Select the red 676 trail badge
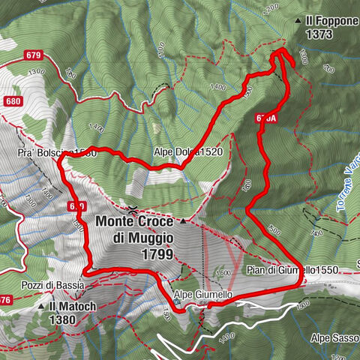coord(4,301)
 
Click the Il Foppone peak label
coord(331,20)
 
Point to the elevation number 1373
coord(321,34)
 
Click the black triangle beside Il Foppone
coord(298,20)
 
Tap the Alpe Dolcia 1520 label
coord(187,151)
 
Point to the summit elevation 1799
coord(157,254)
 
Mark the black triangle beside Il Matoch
coord(42,307)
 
